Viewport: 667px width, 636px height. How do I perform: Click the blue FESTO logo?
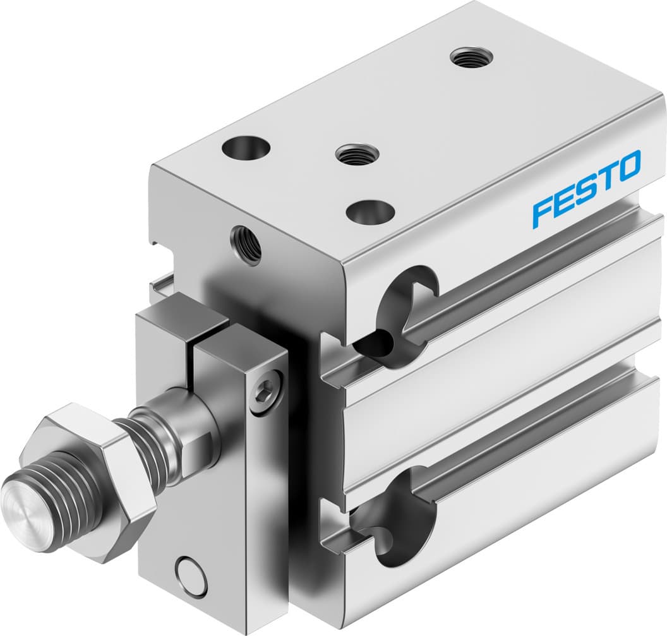coord(586,188)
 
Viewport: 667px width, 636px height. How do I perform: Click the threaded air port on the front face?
coord(246,244)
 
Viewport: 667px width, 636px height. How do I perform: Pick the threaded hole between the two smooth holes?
coord(357,153)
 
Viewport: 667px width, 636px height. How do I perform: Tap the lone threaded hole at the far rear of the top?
coord(472,59)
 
